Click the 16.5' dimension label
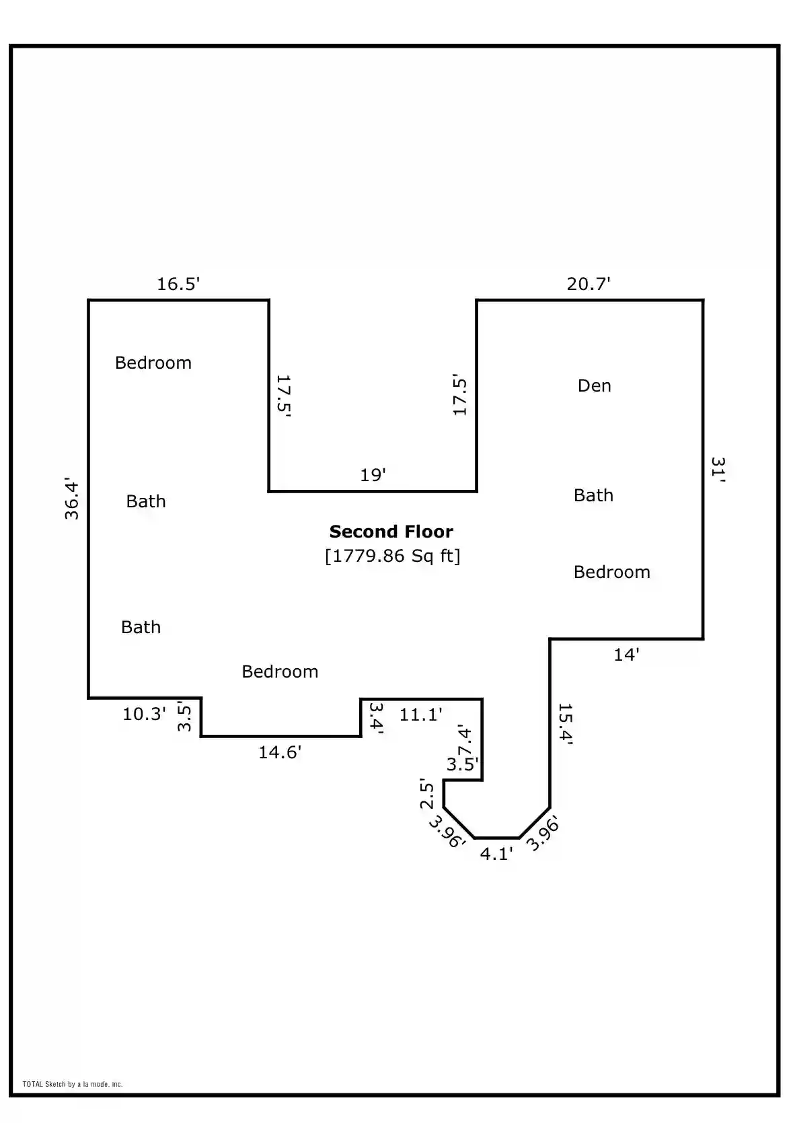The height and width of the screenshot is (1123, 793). (x=178, y=284)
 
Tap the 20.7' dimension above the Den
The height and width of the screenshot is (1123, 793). (x=589, y=284)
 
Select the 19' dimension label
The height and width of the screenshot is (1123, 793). (x=373, y=474)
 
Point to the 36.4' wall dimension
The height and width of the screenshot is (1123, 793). (x=72, y=499)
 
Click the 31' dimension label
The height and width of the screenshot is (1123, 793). (x=718, y=469)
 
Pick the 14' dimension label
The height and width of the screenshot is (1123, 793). (x=627, y=655)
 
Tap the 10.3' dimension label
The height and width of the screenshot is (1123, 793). (x=144, y=714)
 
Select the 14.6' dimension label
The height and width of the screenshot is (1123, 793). (x=280, y=752)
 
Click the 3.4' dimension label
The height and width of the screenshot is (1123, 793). (x=377, y=718)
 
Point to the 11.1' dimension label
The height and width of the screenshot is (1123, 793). (x=420, y=715)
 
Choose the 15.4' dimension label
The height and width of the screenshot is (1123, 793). (x=565, y=724)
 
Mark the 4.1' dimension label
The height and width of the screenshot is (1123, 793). (x=496, y=853)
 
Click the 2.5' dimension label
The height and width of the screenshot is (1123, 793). (x=426, y=793)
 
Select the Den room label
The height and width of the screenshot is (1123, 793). (x=595, y=386)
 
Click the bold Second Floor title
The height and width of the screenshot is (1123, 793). (x=391, y=532)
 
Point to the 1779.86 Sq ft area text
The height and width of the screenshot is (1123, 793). (x=393, y=556)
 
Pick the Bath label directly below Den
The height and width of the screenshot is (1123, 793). (x=593, y=495)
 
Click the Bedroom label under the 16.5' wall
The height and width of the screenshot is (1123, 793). (x=153, y=363)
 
